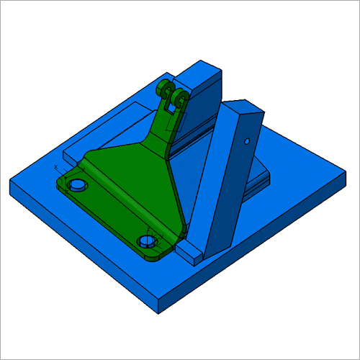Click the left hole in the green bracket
coord(77,186)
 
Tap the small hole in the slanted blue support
coord(246,140)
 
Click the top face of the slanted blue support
coord(246,108)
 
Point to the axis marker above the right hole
coord(149,230)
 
